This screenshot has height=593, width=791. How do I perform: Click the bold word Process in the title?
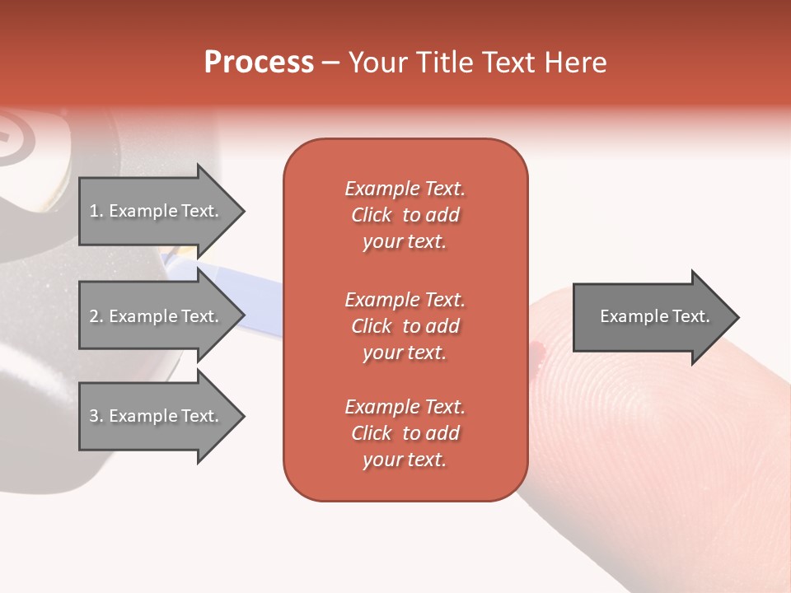(259, 63)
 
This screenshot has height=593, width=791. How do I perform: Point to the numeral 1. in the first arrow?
(96, 211)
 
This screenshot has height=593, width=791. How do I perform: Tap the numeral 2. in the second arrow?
(96, 316)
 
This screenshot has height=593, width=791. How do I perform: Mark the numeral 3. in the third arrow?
(96, 416)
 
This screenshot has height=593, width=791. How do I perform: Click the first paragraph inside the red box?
(405, 215)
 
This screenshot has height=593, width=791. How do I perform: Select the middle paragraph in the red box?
(405, 326)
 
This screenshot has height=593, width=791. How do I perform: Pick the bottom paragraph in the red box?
(405, 433)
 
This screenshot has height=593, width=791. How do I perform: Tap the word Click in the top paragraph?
(372, 215)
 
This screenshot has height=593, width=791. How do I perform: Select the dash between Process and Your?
(330, 63)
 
